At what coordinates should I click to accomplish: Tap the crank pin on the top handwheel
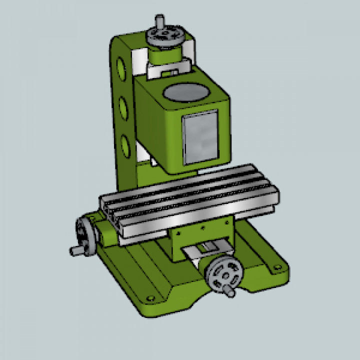click(x=159, y=21)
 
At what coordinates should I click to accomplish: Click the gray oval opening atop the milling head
click(x=186, y=92)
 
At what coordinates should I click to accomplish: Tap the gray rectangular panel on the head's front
click(x=200, y=138)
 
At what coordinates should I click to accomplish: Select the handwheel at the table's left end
click(x=86, y=235)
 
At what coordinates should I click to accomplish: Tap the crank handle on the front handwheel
click(x=229, y=291)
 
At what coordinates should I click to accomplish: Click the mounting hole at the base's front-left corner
click(x=149, y=298)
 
